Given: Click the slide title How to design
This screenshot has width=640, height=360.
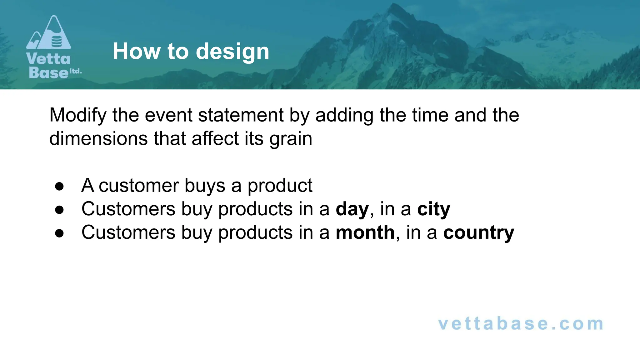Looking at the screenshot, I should pos(191,51).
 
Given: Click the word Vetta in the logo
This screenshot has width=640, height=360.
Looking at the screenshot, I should pos(48,59).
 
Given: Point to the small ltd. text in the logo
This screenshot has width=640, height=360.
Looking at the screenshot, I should pos(75,71).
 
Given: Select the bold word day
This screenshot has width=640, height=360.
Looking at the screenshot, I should pos(352,209).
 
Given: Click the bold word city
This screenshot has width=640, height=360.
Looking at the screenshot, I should pos(433,209).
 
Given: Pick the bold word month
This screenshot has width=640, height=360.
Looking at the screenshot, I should pos(365,232).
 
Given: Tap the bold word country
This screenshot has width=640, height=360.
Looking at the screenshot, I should pos(478,233).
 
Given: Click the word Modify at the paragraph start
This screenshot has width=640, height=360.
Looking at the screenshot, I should pos(78,115).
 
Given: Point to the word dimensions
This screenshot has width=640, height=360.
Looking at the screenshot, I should pos(98,138).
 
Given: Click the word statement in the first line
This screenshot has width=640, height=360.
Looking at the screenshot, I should pos(241,115).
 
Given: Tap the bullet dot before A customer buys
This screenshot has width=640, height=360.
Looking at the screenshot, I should pos(59,187).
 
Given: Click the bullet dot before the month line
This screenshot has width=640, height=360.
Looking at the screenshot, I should pos(59,233).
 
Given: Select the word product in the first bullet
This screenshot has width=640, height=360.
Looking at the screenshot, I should pos(280,186).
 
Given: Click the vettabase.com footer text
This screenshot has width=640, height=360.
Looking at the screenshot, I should pos(520,323).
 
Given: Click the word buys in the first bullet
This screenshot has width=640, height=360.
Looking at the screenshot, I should pos(205,186).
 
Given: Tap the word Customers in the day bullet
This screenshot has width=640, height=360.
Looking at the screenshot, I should pos(128,209).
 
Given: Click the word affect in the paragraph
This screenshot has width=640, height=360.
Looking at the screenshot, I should pos(215,138).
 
